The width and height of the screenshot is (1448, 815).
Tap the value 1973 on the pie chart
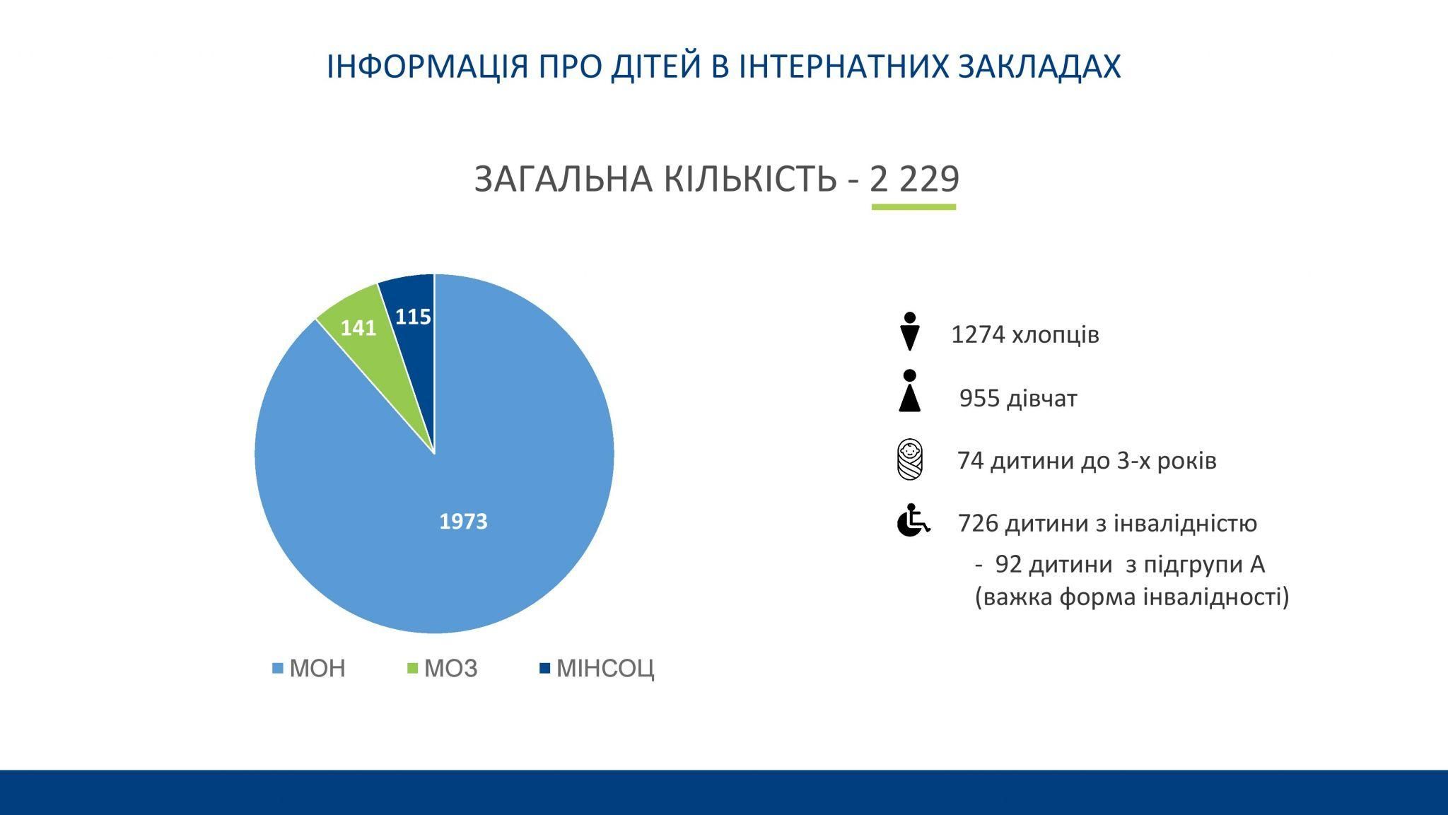pos(463,522)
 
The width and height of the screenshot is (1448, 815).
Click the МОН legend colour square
pos(277,668)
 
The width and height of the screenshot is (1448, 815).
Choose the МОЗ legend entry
pos(443,668)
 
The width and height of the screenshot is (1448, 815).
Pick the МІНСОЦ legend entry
pos(597,668)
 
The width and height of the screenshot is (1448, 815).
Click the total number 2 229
pos(914,179)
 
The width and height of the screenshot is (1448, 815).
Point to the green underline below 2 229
pos(913,207)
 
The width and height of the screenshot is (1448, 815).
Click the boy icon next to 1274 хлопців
pos(910,332)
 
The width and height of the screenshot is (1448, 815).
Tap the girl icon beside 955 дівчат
pos(910,390)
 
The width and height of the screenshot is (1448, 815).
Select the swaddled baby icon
pos(910,459)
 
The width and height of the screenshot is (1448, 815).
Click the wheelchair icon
pos(913,520)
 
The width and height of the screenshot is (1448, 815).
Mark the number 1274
pos(978,334)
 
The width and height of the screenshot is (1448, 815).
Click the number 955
pos(980,399)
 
